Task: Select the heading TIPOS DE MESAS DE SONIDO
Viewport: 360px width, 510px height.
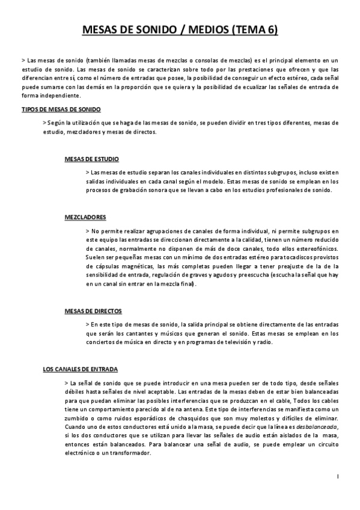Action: pyautogui.click(x=61, y=109)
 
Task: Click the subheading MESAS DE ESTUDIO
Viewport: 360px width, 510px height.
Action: pyautogui.click(x=92, y=159)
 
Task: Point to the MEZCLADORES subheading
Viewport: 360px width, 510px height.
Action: pyautogui.click(x=86, y=216)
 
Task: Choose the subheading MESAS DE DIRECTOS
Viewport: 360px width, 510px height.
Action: pyautogui.click(x=94, y=311)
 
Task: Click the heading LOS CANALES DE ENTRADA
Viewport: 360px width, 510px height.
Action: pyautogui.click(x=82, y=368)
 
